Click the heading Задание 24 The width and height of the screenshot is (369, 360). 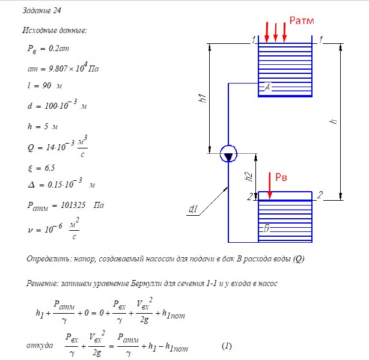point(41,10)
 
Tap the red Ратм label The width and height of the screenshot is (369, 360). point(302,20)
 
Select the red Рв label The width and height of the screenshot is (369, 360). point(281,177)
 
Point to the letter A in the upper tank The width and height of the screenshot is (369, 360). point(267,87)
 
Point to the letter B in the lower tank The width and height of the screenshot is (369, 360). point(266,228)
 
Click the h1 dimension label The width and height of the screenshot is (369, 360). point(202,98)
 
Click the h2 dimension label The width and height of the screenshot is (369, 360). point(249,177)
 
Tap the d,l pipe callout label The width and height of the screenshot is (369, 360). point(193,209)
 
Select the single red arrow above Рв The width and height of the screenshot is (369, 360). point(270,186)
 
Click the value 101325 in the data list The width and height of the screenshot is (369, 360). point(73,205)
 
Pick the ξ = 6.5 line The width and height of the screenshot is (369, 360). point(41,168)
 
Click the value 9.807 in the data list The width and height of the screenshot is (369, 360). point(58,69)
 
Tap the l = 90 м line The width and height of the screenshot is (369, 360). point(44,85)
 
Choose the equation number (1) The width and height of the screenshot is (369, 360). point(227,346)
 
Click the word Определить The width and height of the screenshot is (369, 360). point(49,258)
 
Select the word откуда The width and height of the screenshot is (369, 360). point(40,345)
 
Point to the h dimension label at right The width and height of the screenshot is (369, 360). point(333,121)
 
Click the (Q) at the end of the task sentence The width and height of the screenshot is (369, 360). point(299,259)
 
